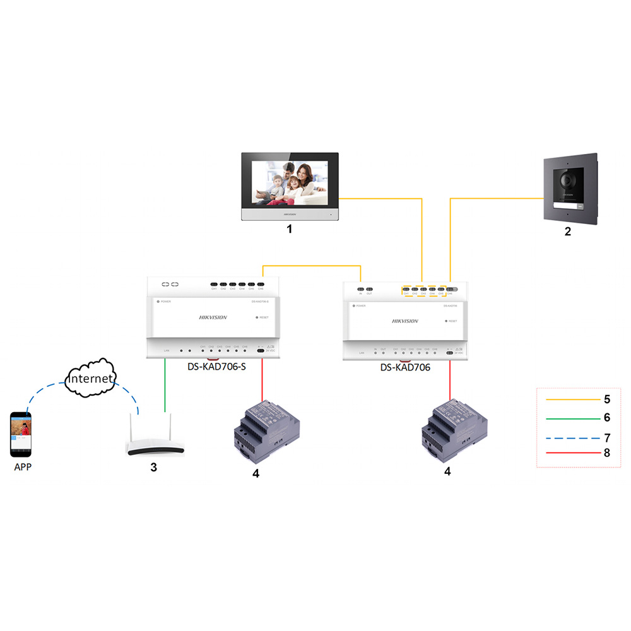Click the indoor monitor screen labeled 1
click(x=291, y=183)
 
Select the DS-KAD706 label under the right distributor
click(x=405, y=367)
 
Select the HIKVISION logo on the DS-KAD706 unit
click(x=405, y=321)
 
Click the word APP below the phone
click(x=21, y=468)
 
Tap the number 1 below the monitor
click(x=290, y=230)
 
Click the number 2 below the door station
click(x=567, y=232)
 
